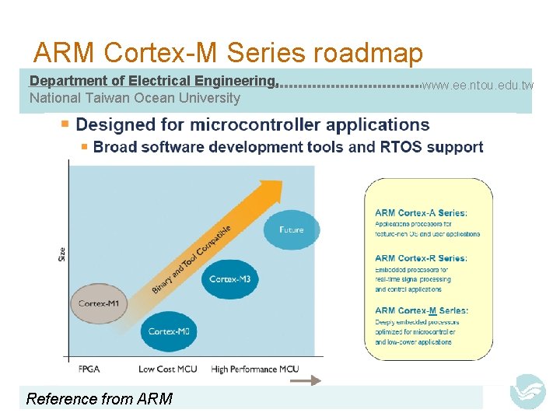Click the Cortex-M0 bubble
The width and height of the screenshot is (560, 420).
tap(169, 331)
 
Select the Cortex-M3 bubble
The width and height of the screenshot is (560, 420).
tap(229, 278)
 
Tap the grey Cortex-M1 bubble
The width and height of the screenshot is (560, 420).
tap(99, 303)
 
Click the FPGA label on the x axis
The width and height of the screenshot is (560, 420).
tap(89, 369)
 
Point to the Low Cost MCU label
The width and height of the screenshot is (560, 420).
tap(167, 369)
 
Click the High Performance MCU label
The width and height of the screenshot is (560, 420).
tap(254, 369)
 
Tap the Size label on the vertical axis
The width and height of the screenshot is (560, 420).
tap(61, 254)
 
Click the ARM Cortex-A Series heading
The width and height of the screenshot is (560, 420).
tap(421, 213)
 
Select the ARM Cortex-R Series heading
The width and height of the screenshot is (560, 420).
tap(421, 258)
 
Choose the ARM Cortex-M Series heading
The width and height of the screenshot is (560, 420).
tap(422, 311)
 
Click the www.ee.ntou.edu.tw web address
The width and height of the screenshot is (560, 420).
tap(478, 85)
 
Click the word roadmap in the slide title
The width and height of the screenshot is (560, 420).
tap(368, 53)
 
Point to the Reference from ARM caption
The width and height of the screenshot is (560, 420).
tap(100, 399)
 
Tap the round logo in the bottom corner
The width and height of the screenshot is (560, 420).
tap(527, 392)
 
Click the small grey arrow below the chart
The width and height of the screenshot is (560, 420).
tap(310, 380)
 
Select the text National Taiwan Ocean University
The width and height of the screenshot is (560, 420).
tap(135, 98)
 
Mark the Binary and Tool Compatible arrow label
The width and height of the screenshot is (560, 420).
tap(191, 259)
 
